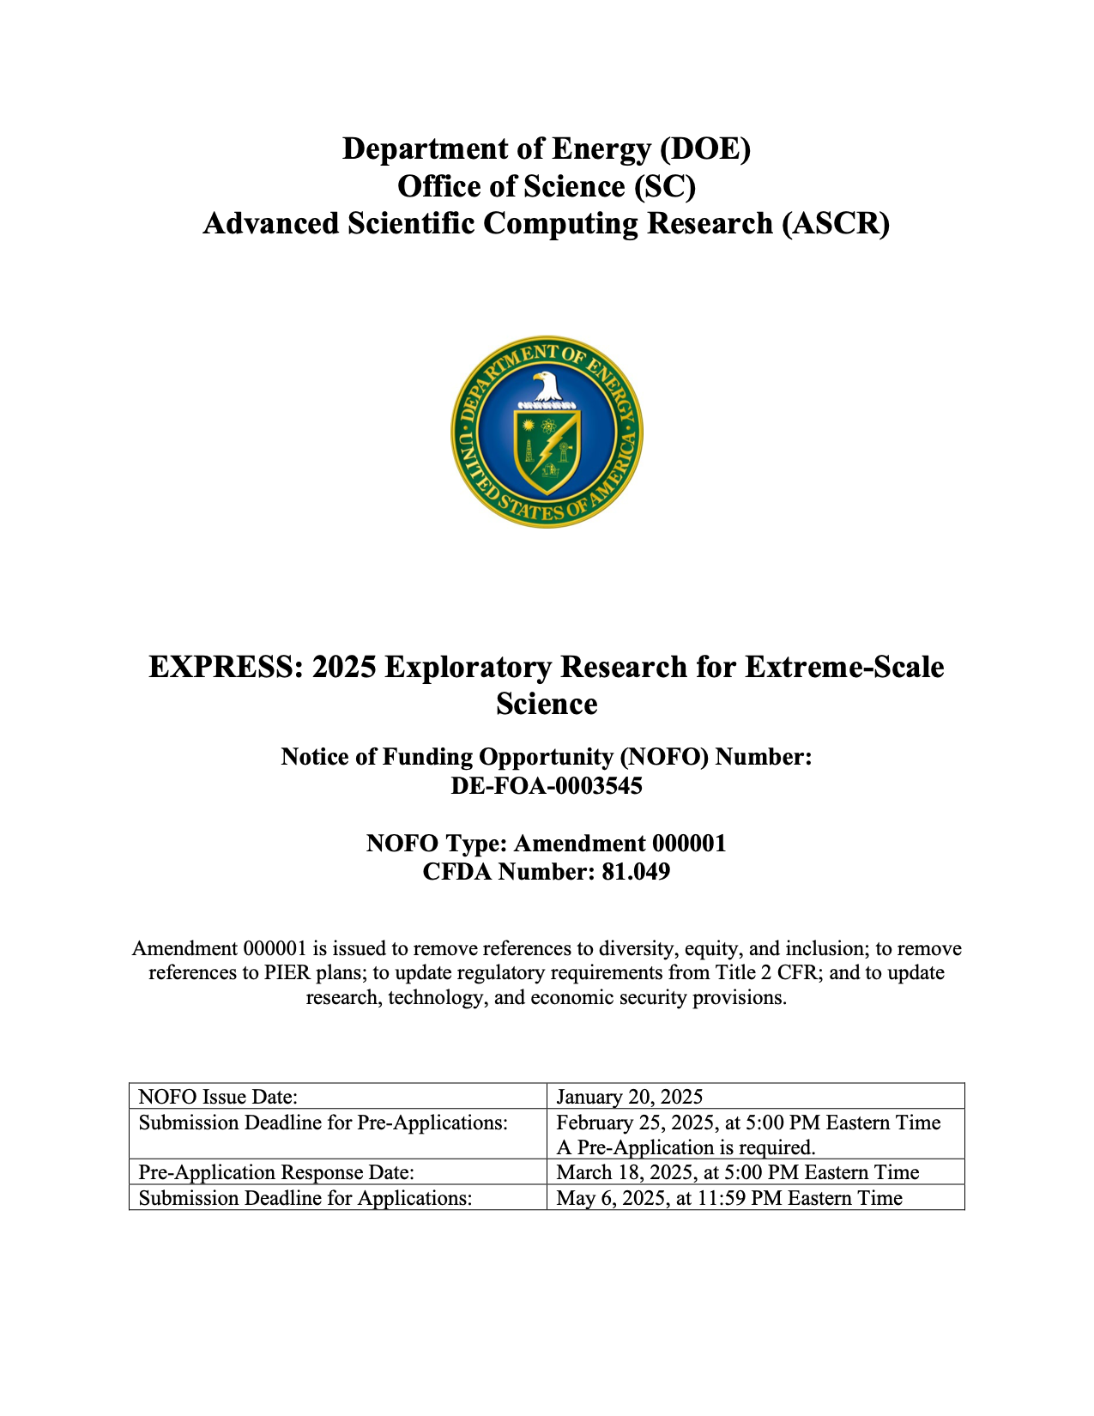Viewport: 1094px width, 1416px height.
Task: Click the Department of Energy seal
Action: click(x=547, y=432)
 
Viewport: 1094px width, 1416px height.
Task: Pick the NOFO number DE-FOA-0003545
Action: click(x=547, y=786)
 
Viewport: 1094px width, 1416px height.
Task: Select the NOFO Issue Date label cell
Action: click(x=218, y=1097)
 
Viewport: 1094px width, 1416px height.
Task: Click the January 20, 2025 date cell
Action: click(x=630, y=1097)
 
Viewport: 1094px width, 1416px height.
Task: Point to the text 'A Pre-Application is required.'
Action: click(x=686, y=1147)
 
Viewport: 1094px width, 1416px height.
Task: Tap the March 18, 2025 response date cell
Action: click(x=737, y=1172)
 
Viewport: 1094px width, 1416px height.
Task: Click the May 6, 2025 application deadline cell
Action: click(x=729, y=1198)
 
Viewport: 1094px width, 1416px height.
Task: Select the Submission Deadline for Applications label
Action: click(x=305, y=1198)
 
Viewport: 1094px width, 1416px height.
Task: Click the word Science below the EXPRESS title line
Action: click(x=547, y=705)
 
